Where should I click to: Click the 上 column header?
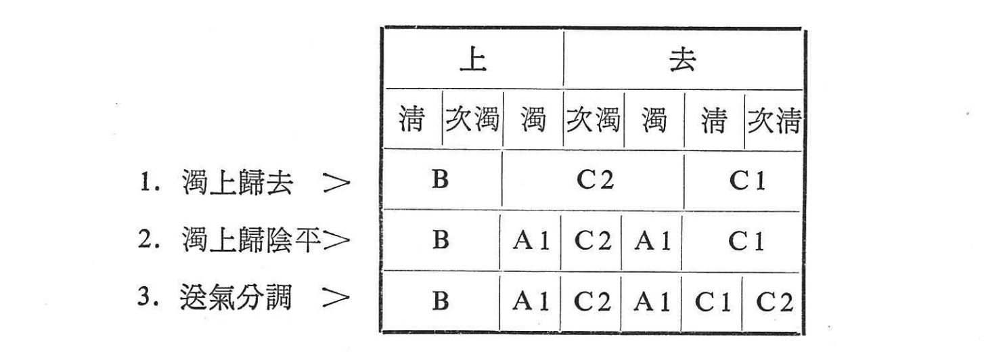[x=472, y=60]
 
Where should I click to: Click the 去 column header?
[x=682, y=60]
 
